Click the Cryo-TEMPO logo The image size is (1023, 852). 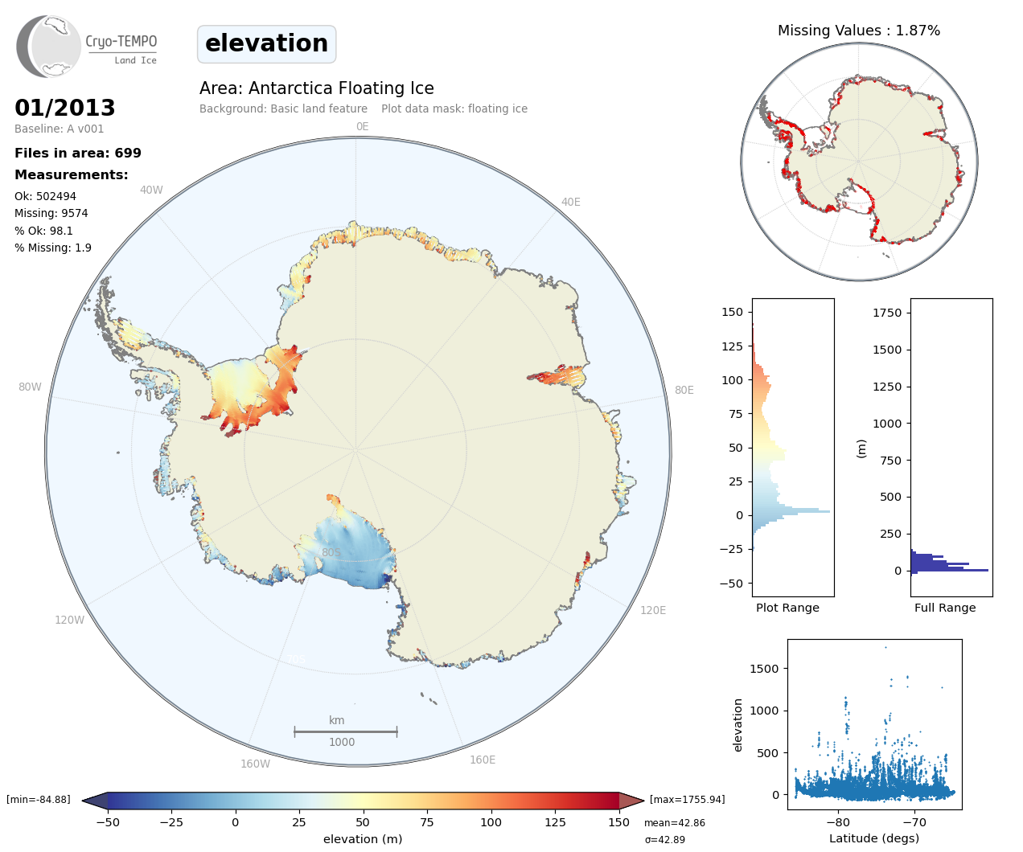click(87, 47)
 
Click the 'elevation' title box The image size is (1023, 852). click(266, 43)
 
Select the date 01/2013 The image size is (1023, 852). click(65, 108)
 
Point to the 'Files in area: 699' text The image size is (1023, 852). click(78, 153)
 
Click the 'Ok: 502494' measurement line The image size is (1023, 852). click(45, 196)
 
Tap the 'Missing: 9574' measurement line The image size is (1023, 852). click(51, 213)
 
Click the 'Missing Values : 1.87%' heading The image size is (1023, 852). click(858, 31)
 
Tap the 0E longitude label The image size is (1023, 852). click(362, 126)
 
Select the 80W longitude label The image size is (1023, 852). click(30, 387)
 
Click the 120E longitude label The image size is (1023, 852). click(653, 610)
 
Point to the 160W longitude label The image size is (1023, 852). click(255, 764)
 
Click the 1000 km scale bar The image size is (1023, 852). click(345, 731)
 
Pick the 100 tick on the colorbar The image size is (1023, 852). click(491, 822)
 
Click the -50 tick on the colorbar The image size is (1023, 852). click(108, 822)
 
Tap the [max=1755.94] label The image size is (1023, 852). click(687, 800)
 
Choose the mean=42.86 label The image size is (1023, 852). click(674, 823)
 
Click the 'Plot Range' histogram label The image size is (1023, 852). click(787, 608)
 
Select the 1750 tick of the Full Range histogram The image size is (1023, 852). click(887, 313)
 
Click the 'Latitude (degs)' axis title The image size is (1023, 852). click(873, 838)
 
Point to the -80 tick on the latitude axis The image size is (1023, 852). click(837, 822)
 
